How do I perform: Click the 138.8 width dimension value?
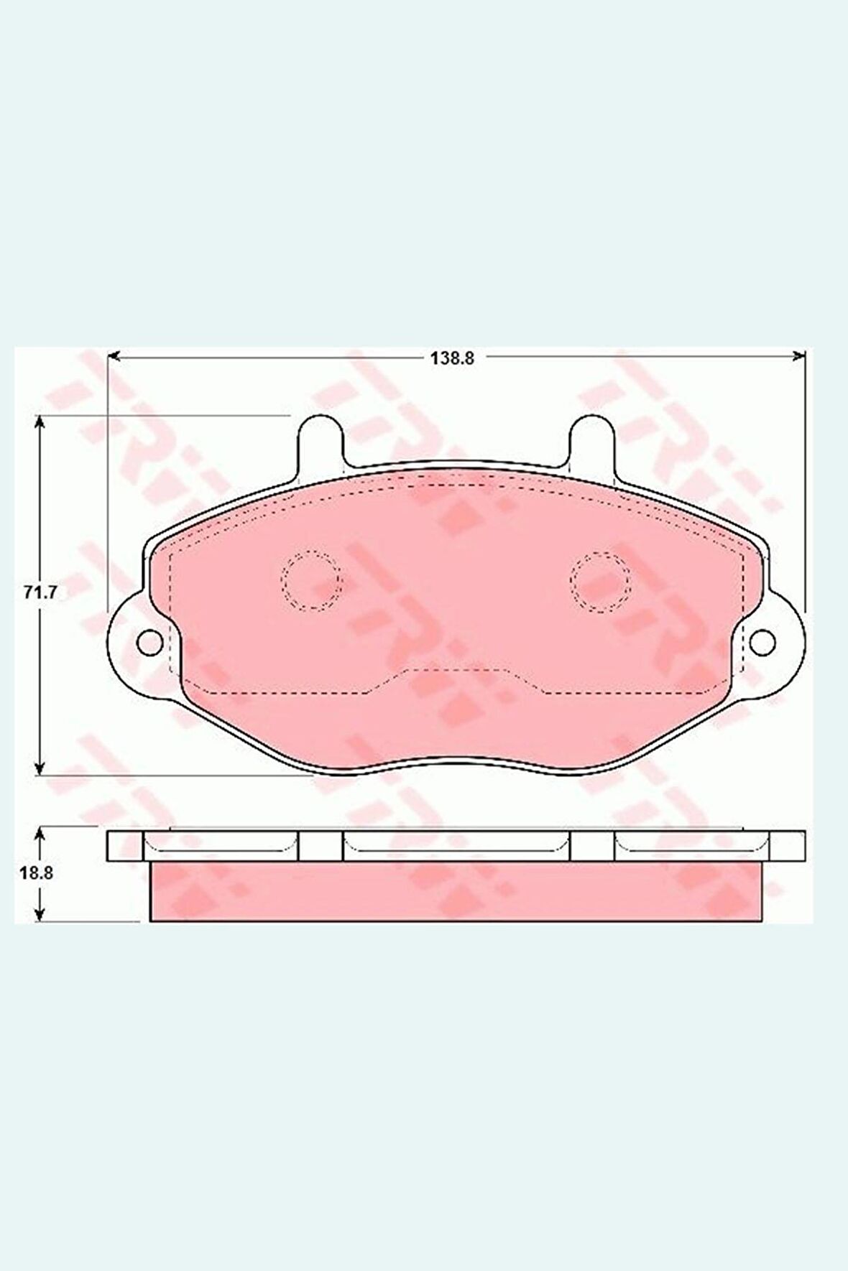(x=453, y=358)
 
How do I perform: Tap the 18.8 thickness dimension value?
(x=34, y=873)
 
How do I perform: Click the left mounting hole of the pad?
(x=149, y=641)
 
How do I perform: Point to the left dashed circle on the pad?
(x=311, y=580)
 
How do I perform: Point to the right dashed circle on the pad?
(x=601, y=582)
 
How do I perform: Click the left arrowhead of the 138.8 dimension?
(x=114, y=356)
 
